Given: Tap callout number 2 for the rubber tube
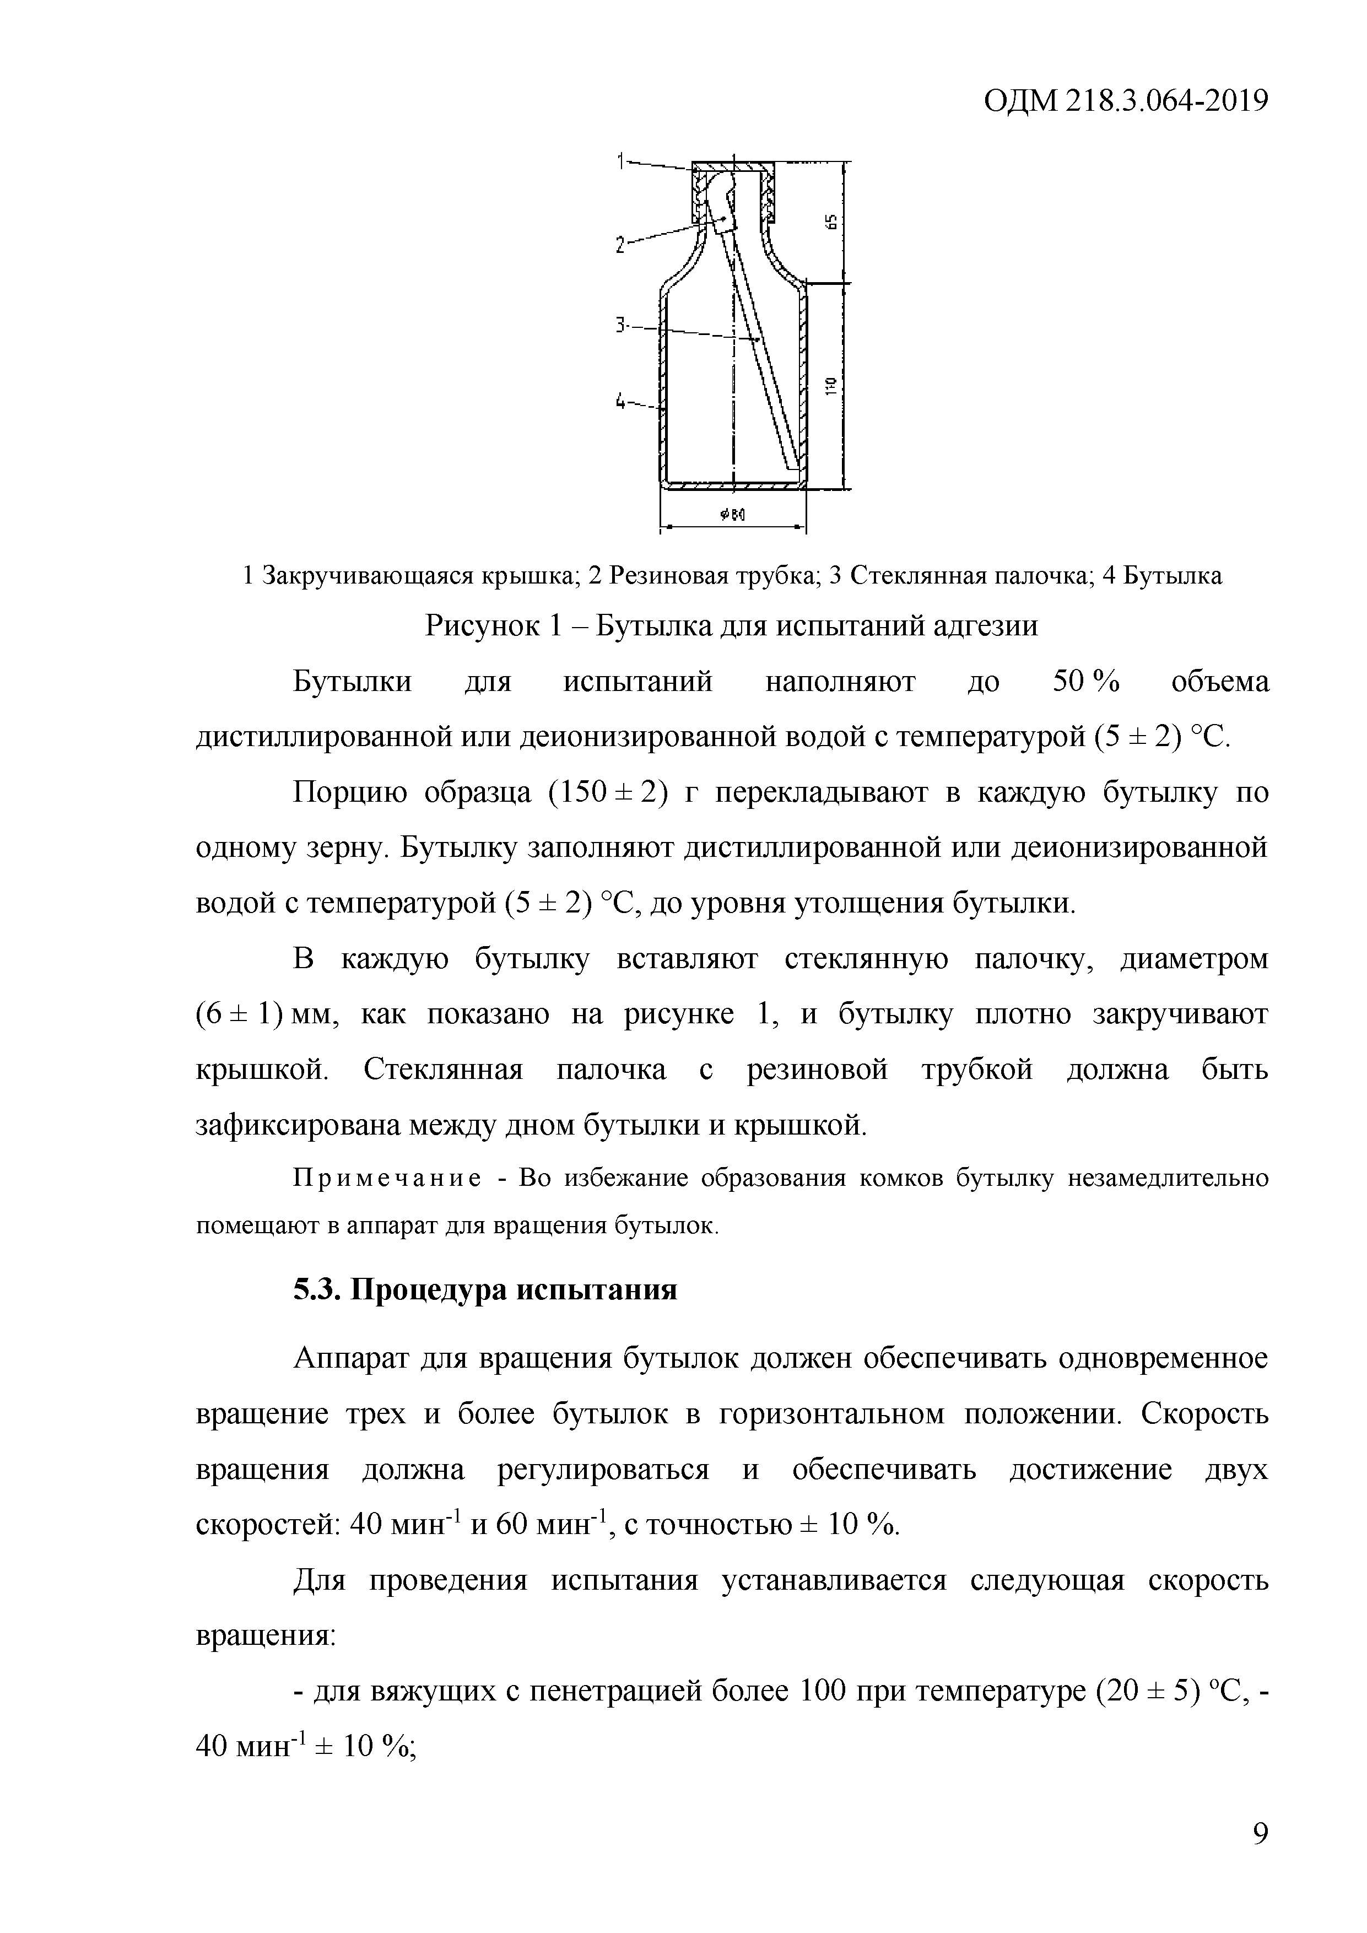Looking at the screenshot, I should (x=620, y=245).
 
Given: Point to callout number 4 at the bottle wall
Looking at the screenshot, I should (x=621, y=402).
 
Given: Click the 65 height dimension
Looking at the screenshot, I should (x=831, y=222).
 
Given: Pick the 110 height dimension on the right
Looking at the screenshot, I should (x=831, y=386).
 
